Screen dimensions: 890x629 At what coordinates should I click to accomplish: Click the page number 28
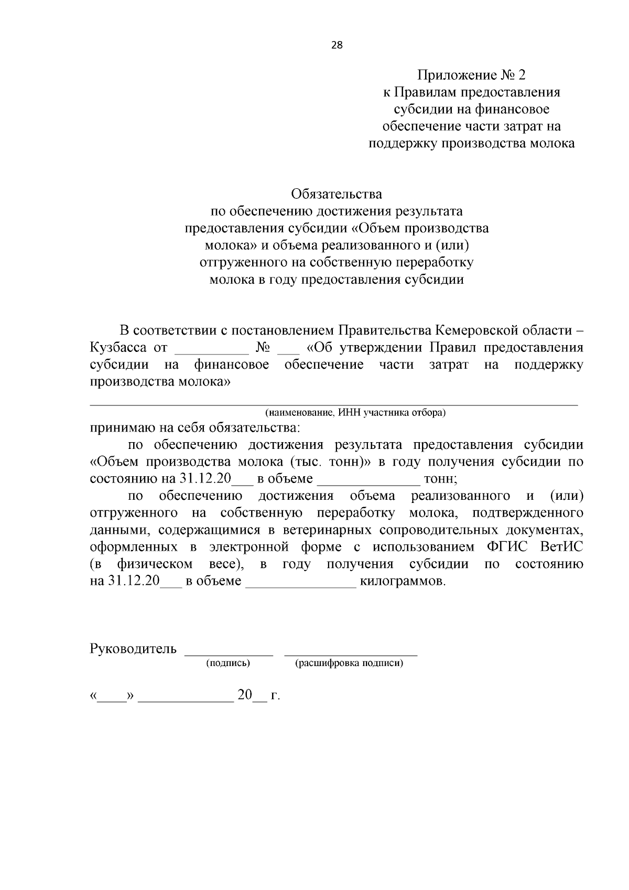coord(337,45)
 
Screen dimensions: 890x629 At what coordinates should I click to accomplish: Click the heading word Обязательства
coord(337,195)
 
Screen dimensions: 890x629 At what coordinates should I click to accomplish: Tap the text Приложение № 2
coord(471,75)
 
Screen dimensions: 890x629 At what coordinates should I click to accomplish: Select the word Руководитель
coord(133,649)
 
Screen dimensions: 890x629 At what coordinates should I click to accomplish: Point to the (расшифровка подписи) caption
coord(349,663)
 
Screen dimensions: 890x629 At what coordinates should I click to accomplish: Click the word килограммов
coord(403,582)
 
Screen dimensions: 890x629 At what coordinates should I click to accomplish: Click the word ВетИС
coord(561,548)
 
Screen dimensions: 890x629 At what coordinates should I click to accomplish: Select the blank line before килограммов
coord(301,586)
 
